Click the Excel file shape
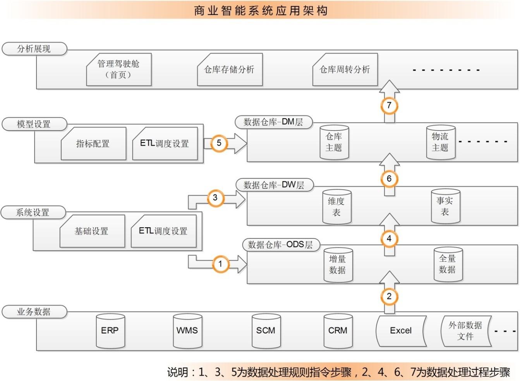[x=401, y=331]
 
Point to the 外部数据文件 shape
[x=465, y=331]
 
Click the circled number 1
[x=220, y=264]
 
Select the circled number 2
[x=389, y=297]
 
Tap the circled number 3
[x=215, y=198]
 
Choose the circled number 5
[x=219, y=143]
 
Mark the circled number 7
[x=389, y=105]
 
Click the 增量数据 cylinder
[x=338, y=265]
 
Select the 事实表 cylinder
[x=445, y=206]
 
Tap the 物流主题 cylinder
[x=440, y=142]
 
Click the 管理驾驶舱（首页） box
[x=118, y=69]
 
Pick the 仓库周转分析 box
[x=345, y=70]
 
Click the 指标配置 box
[x=93, y=144]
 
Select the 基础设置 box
[x=92, y=231]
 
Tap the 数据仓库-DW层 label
[x=274, y=185]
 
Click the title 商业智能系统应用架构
[x=261, y=10]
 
